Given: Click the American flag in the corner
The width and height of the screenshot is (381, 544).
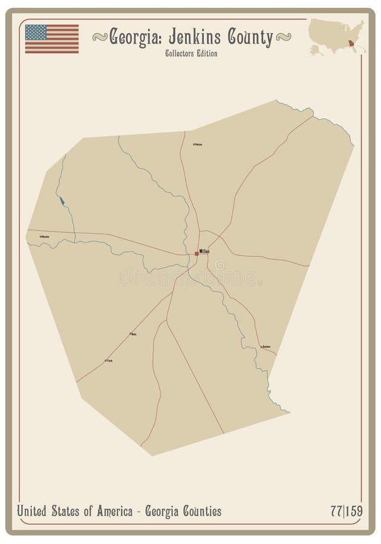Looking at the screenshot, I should coord(52,39).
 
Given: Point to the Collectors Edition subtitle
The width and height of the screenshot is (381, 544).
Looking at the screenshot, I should coord(190,54).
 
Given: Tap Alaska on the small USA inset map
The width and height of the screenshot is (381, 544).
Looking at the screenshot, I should coord(316,49).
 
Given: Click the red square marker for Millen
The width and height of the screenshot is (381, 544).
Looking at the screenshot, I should coord(197,253).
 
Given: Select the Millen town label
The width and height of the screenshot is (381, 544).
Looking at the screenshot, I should coord(204,252).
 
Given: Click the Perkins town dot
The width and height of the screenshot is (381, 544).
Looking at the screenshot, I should coord(194,144).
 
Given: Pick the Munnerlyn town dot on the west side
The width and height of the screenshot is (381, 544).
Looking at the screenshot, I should coord(41,236).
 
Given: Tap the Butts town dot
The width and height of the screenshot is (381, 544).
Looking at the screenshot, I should coord(131,333).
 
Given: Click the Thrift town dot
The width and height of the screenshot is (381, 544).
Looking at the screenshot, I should coord(106,360).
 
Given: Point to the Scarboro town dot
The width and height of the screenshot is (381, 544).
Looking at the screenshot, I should coord(261,346).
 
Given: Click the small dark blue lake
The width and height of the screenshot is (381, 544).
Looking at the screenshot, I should coord(62,199).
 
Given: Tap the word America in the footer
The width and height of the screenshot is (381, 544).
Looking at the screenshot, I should coord(109,512).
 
